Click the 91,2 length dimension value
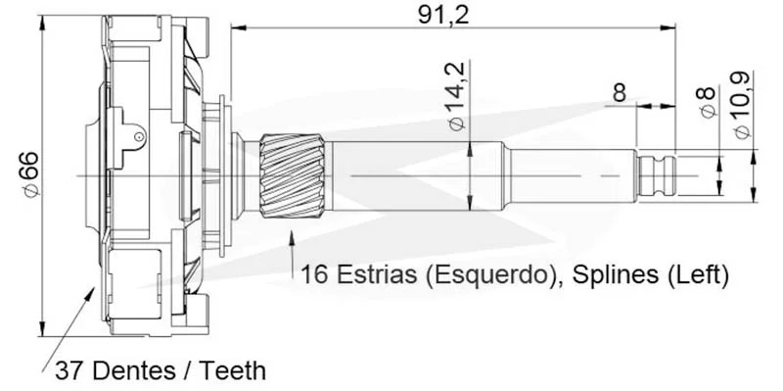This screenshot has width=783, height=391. (x=443, y=16)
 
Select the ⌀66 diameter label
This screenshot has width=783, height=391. (x=30, y=174)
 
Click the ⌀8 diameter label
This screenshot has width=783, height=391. (x=708, y=103)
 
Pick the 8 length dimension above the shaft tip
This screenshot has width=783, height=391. (x=620, y=93)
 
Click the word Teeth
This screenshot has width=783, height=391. (x=233, y=371)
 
